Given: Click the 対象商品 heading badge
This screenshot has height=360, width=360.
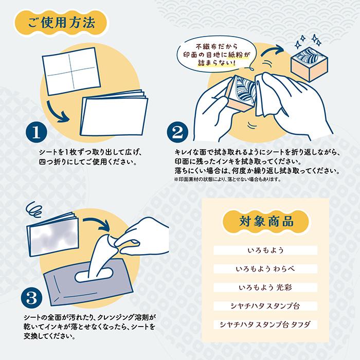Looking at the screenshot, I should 266,223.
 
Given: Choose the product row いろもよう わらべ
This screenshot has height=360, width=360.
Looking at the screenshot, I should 266,269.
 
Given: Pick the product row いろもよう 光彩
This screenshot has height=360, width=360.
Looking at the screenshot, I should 266,287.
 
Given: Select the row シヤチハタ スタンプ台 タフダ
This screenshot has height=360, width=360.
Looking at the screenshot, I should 266,325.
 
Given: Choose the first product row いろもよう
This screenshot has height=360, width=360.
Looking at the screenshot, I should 266,250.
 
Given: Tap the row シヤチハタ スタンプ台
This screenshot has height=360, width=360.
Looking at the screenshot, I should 266,306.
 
